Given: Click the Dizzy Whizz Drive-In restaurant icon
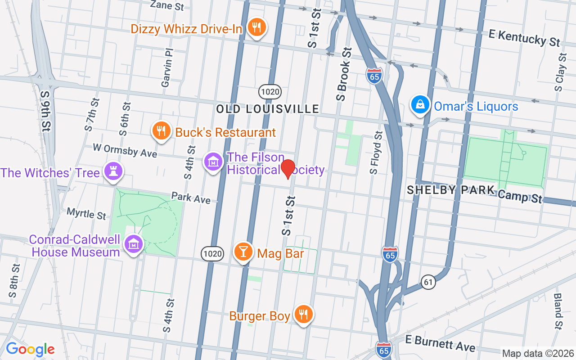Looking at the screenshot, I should coord(256,28).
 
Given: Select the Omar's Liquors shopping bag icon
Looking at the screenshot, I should coord(420,105).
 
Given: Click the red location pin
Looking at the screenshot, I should coord(288,169).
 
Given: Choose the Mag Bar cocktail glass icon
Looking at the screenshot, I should coord(243,252).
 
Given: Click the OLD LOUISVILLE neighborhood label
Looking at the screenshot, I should coord(268,109).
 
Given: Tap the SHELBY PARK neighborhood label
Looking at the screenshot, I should coord(450,190).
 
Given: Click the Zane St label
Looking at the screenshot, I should coord(167,5).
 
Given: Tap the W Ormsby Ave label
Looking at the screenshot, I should coord(125,150).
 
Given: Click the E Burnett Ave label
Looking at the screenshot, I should coord(440,343).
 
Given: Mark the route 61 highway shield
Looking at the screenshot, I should coord(429,282).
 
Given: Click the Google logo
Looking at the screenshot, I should coord(30,349).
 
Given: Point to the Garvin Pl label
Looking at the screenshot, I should coord(167,69).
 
